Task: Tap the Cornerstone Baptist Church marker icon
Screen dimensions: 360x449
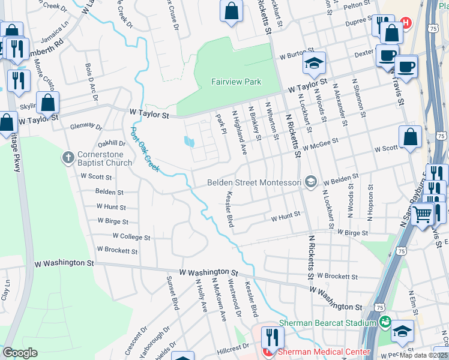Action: point(68,158)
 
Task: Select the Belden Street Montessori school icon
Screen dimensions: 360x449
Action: point(310,181)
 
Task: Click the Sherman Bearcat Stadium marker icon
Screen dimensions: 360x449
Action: point(385,323)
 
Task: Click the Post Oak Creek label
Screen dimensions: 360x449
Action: point(145,149)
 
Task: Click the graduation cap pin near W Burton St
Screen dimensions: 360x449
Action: point(313,62)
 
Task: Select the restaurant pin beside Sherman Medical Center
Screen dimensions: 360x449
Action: point(272,338)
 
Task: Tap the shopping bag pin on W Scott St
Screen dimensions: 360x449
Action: point(410,136)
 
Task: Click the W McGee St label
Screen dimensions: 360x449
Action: point(321,145)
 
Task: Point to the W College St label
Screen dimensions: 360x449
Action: point(131,237)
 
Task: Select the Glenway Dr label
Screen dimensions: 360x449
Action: point(86,126)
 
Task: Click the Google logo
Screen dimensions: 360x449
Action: point(20,353)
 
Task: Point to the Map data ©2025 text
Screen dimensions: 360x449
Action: point(423,355)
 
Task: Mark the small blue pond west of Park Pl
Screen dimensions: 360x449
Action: point(190,142)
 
